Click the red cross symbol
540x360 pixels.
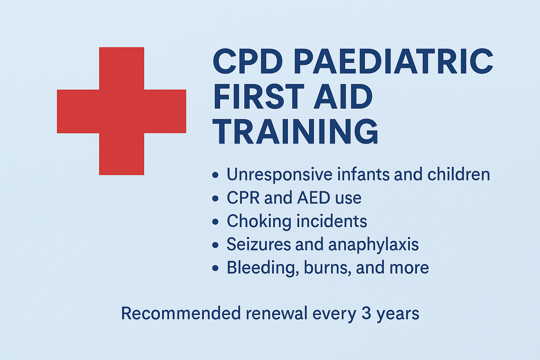[121, 111]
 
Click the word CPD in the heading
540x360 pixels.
[247, 62]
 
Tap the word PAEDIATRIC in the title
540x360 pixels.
[393, 62]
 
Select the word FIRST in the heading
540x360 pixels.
[258, 97]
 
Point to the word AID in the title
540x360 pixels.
[343, 97]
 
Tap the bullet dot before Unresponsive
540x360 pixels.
[216, 175]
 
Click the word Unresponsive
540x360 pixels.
[279, 175]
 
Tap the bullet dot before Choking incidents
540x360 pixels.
[216, 222]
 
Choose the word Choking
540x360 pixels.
[259, 221]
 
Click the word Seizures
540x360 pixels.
[258, 244]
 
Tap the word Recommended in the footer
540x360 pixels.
[181, 313]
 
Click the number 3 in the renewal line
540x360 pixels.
[366, 313]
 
